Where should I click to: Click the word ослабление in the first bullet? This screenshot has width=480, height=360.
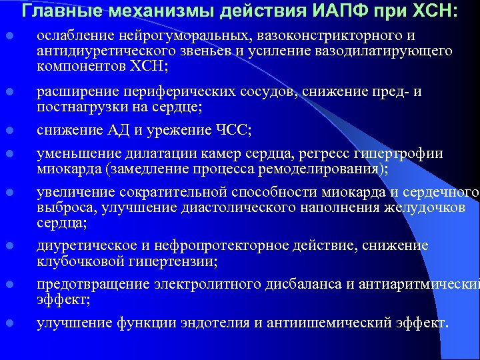[x=73, y=35]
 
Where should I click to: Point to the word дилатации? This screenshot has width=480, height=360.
[x=155, y=154]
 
